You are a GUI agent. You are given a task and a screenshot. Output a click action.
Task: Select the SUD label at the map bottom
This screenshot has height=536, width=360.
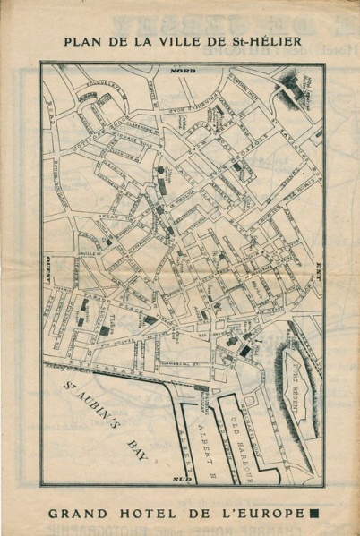click(x=182, y=481)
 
